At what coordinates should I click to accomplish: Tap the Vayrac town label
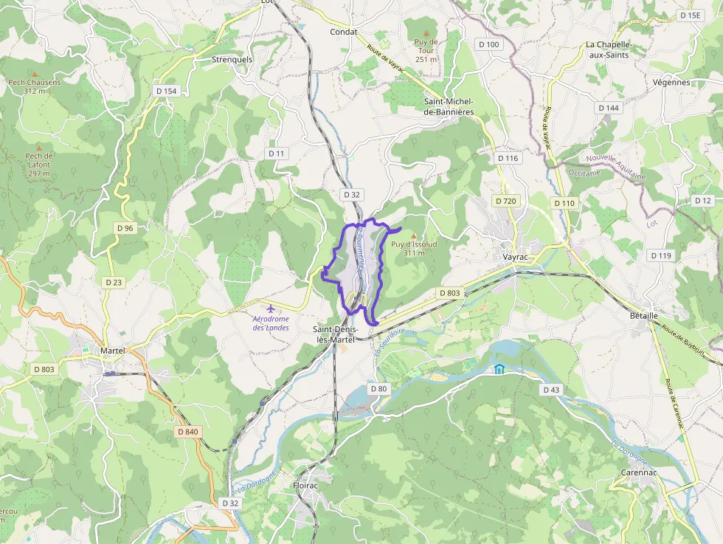tap(514, 257)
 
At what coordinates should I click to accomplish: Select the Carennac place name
tap(639, 472)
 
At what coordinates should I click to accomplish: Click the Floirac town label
tap(305, 486)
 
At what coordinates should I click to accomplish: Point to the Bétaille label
tap(643, 315)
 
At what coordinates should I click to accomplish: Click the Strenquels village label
tap(232, 59)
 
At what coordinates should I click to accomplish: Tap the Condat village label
tap(343, 32)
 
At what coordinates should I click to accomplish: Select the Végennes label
tap(671, 82)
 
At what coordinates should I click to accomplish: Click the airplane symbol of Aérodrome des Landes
tap(271, 308)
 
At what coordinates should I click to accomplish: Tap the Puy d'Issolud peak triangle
tap(413, 235)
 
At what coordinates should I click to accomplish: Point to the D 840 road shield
tap(188, 431)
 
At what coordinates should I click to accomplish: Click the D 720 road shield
tap(505, 201)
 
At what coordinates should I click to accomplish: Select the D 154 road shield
tap(167, 90)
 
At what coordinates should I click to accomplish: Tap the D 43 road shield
tap(551, 389)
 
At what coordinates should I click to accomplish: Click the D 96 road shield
tap(125, 228)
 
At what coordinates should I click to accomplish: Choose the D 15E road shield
tap(691, 15)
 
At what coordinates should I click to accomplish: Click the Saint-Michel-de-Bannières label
tap(449, 106)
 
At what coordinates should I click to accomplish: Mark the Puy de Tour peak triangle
tap(426, 33)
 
